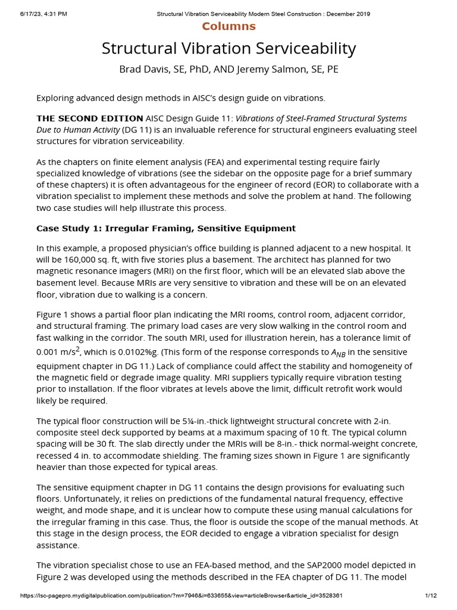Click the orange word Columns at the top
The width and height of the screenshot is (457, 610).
click(x=228, y=26)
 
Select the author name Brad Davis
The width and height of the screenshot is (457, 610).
click(x=143, y=69)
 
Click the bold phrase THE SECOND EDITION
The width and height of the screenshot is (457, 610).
click(x=90, y=119)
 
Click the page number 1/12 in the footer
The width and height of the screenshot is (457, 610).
click(x=431, y=596)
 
